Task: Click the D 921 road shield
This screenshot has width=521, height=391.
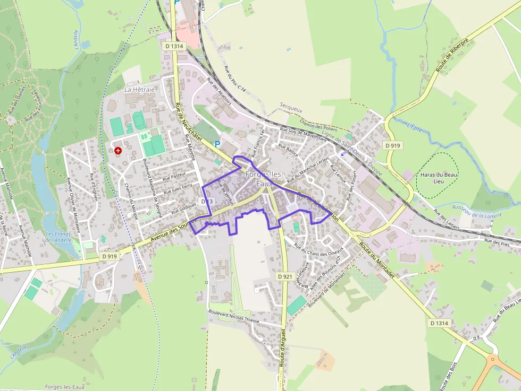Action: [x=284, y=276]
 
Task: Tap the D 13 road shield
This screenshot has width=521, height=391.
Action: [x=207, y=202]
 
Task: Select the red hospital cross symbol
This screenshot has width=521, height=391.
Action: [x=117, y=151]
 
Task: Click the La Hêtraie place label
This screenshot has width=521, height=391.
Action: [x=140, y=90]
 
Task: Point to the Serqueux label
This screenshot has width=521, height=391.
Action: [x=291, y=110]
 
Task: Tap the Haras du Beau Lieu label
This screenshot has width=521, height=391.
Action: [x=439, y=178]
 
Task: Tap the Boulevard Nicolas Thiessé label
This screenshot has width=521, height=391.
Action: [x=234, y=316]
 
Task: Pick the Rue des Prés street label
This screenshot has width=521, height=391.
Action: [x=497, y=242]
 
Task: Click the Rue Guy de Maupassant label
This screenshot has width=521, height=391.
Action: [x=302, y=133]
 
